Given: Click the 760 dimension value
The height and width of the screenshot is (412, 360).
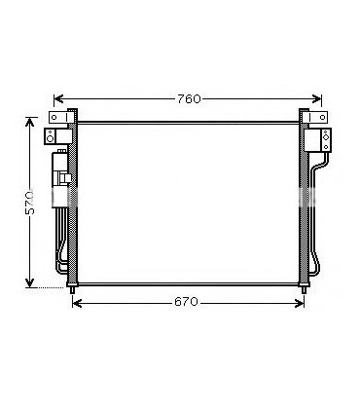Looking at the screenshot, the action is [x=189, y=99].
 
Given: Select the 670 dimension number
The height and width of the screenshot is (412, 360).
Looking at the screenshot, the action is [x=186, y=302].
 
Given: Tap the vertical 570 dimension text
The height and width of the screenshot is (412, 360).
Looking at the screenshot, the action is [x=30, y=203].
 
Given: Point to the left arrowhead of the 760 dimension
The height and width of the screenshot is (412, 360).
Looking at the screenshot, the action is [x=58, y=98].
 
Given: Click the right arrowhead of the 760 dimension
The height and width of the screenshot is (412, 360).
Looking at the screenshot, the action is [x=316, y=98].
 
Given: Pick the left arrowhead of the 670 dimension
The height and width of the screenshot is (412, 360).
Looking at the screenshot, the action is [x=77, y=304].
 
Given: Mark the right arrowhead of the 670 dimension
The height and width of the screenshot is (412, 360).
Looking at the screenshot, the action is [x=299, y=304].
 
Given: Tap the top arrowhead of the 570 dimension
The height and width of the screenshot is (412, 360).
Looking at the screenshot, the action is [x=30, y=123].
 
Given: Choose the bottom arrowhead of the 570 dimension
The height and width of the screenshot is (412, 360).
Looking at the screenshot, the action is [x=30, y=282].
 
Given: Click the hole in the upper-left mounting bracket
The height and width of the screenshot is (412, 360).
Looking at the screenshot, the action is [x=54, y=117].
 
